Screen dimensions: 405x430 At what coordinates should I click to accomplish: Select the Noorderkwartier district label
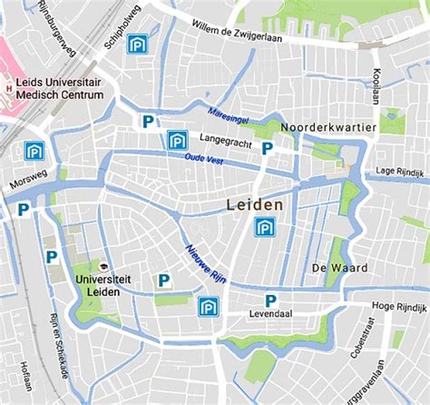click(x=327, y=128)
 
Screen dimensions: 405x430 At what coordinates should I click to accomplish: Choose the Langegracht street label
click(x=226, y=141)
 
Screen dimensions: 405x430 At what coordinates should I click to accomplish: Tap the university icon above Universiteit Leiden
click(x=105, y=268)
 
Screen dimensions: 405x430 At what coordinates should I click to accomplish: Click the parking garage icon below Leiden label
click(x=265, y=227)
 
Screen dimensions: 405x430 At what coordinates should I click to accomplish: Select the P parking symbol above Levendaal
click(x=270, y=301)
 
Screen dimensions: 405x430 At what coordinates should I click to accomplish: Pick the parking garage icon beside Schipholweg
click(x=137, y=44)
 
